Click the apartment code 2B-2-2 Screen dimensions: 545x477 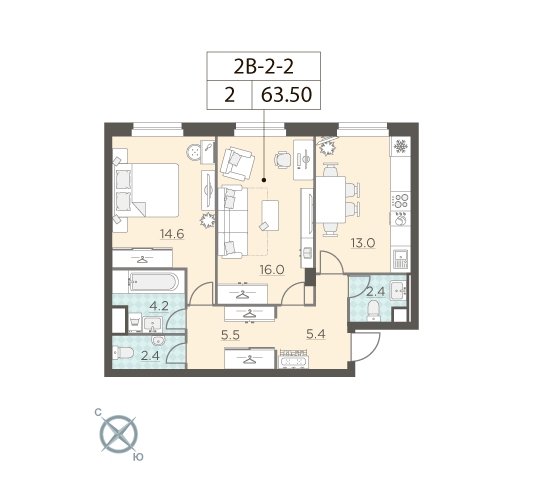pyautogui.click(x=263, y=67)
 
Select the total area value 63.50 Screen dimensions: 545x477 pyautogui.click(x=286, y=95)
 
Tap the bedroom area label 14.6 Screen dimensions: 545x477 pyautogui.click(x=172, y=234)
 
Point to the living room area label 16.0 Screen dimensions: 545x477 pyautogui.click(x=272, y=269)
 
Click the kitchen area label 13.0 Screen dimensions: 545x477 pyautogui.click(x=363, y=243)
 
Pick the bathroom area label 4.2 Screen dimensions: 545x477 pyautogui.click(x=159, y=306)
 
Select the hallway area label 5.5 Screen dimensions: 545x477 pyautogui.click(x=230, y=335)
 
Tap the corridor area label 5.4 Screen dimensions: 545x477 pyautogui.click(x=316, y=334)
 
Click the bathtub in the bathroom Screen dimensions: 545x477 pyautogui.click(x=153, y=282)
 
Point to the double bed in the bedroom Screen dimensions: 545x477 pyautogui.click(x=146, y=190)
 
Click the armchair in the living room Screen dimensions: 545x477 pyautogui.click(x=238, y=163)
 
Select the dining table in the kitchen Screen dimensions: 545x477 pyautogui.click(x=331, y=201)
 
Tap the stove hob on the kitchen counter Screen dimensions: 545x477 pyautogui.click(x=401, y=201)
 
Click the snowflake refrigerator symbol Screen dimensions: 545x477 pyautogui.click(x=400, y=147)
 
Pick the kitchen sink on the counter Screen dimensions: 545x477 pyautogui.click(x=401, y=259)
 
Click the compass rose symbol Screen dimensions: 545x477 pyautogui.click(x=119, y=435)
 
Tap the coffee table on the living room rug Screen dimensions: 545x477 pyautogui.click(x=270, y=215)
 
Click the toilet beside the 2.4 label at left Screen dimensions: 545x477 pyautogui.click(x=124, y=354)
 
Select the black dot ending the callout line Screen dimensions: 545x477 pyautogui.click(x=264, y=180)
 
